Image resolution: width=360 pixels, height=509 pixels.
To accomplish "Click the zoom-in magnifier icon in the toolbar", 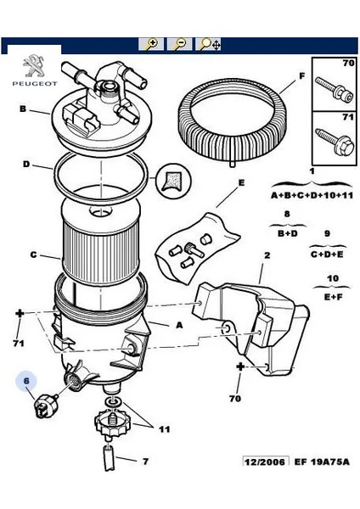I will pos(150,44).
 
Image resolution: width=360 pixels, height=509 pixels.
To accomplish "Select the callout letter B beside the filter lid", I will pos(23,109).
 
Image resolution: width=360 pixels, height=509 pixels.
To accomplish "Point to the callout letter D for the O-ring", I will pos(26,165).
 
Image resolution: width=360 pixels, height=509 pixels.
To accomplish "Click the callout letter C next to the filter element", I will pos(34,255).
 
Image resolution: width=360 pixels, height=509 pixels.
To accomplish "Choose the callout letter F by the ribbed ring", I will pos(301,76).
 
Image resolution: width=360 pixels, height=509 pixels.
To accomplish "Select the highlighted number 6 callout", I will pos(26,383).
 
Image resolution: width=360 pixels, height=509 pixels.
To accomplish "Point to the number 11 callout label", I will pos(163,429).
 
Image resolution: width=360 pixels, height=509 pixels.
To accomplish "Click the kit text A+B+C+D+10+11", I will pos(311,195).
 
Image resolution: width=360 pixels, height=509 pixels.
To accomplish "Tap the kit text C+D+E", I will pos(326,253).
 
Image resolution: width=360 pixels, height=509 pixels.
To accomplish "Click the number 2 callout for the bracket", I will pos(267,255).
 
